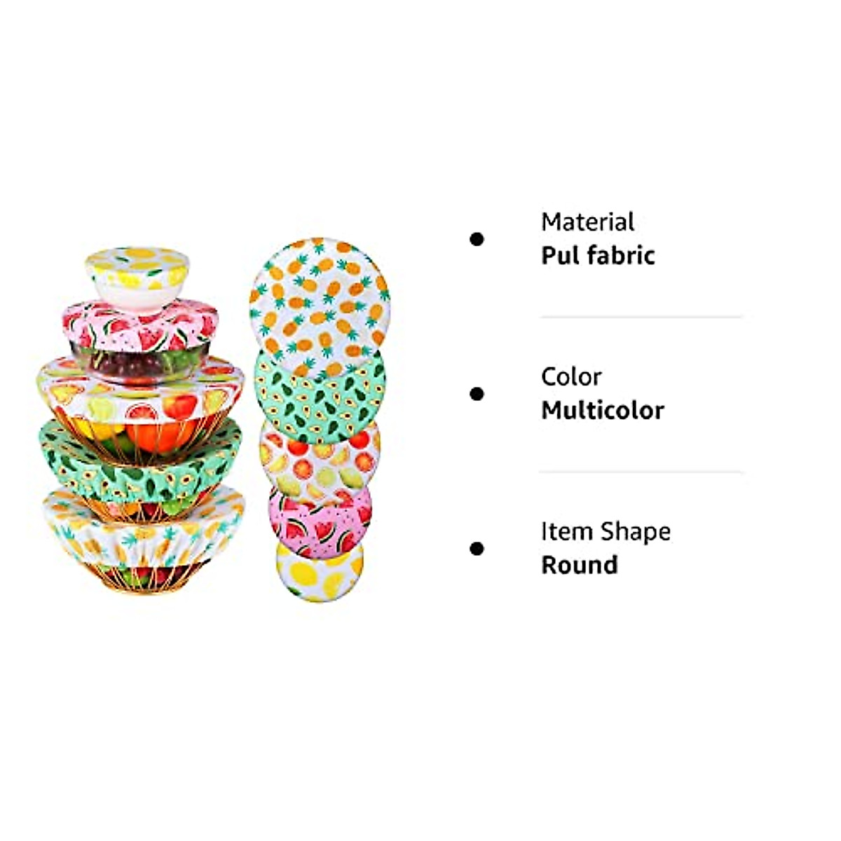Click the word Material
pyautogui.click(x=587, y=222)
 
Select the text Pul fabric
pyautogui.click(x=598, y=255)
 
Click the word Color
pyautogui.click(x=570, y=377)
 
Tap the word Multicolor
pyautogui.click(x=602, y=410)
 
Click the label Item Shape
pyautogui.click(x=606, y=531)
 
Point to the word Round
pyautogui.click(x=579, y=565)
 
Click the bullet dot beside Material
pyautogui.click(x=477, y=240)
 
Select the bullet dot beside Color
pyautogui.click(x=477, y=394)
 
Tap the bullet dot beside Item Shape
pyautogui.click(x=477, y=548)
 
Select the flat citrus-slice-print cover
pyautogui.click(x=319, y=459)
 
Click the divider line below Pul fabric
pyautogui.click(x=641, y=317)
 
